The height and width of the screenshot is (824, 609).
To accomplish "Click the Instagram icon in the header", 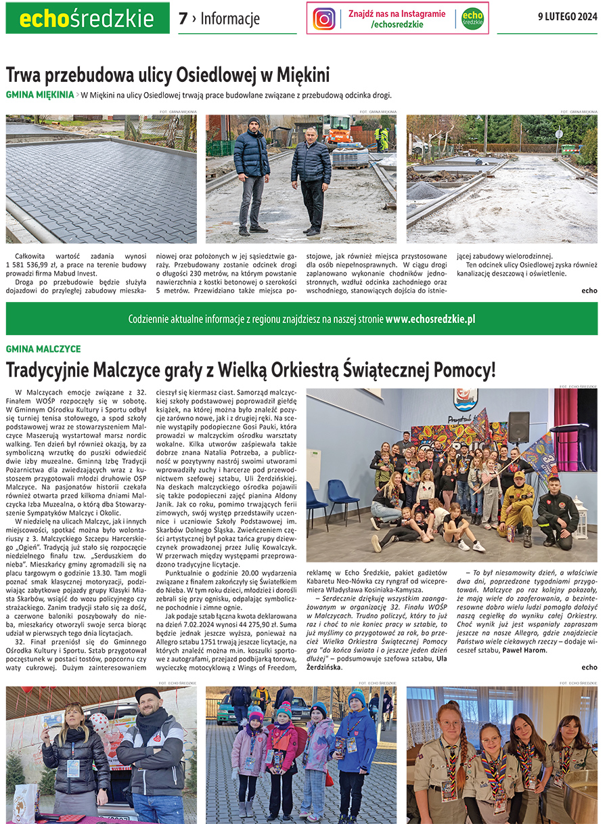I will click(324, 18).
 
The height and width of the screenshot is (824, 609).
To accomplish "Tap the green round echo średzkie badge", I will click(472, 18).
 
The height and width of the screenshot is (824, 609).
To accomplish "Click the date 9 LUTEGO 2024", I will click(568, 18).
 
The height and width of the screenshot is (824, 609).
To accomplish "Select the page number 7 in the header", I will click(183, 19).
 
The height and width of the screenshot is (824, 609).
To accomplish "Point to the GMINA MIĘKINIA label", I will click(39, 95).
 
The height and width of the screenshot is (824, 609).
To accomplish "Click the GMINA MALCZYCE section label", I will click(43, 349).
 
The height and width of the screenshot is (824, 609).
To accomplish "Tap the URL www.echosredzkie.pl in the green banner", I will click(430, 319).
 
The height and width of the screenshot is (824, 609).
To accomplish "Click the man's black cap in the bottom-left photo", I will click(147, 694).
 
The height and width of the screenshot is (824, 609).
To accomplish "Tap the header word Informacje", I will click(230, 19).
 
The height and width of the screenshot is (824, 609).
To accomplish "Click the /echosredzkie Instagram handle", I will click(397, 24).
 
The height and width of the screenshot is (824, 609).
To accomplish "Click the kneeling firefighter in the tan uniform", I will click(517, 501).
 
